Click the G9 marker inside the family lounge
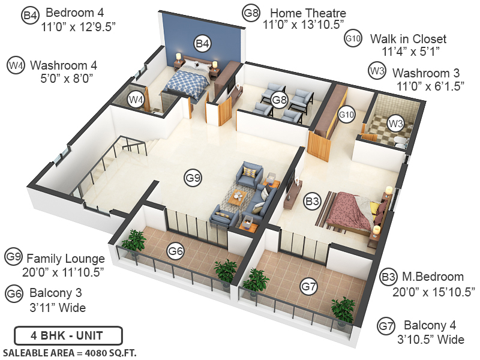[193, 178]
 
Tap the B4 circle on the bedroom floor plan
[202, 43]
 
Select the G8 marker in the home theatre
[278, 100]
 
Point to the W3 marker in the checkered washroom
[395, 124]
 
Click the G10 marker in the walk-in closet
[346, 115]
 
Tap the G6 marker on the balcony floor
[175, 251]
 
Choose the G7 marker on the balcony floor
[308, 287]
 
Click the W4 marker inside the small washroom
[137, 99]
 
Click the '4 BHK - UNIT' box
[68, 334]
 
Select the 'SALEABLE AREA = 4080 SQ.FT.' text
[70, 352]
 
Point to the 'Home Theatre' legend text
[308, 13]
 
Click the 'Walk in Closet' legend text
[408, 39]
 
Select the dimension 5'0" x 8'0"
[59, 78]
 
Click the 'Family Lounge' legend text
[65, 259]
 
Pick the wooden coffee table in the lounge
[239, 196]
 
